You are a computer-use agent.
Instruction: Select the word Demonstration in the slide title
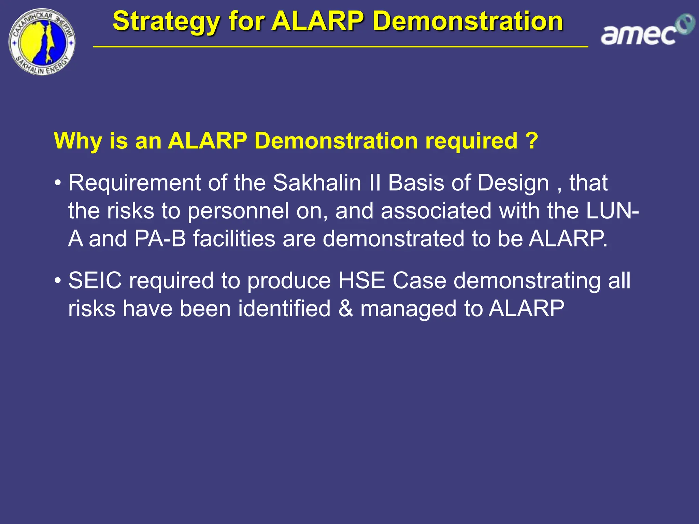click(468, 21)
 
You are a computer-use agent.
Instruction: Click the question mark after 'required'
click(531, 141)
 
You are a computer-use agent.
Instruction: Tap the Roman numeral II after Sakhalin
click(375, 183)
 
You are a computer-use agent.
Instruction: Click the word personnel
click(238, 211)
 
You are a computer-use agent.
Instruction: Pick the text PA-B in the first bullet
click(160, 238)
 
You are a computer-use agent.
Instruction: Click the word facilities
click(234, 238)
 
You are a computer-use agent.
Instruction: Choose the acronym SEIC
click(95, 281)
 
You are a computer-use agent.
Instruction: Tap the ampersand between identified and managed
click(346, 309)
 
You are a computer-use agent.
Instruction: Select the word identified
click(284, 309)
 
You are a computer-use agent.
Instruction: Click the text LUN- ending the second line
click(612, 211)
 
